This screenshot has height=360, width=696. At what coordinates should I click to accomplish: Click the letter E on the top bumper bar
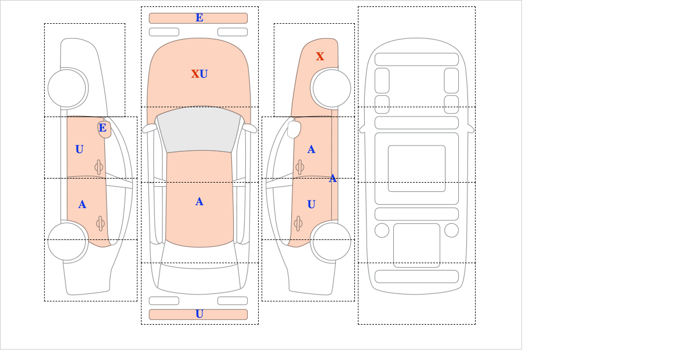click(x=200, y=18)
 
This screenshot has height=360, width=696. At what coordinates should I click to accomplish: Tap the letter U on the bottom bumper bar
click(x=200, y=314)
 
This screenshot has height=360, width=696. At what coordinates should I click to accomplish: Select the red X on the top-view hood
click(x=195, y=74)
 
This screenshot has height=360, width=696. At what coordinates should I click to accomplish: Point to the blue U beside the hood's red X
click(x=204, y=74)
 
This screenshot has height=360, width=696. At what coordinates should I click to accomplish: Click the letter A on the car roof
click(x=200, y=202)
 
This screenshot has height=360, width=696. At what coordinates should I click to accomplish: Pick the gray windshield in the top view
click(x=199, y=129)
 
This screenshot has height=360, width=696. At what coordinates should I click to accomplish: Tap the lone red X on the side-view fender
click(x=320, y=56)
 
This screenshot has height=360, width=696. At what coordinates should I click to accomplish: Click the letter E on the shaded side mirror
click(x=103, y=128)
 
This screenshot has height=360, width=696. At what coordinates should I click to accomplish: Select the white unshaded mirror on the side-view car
click(x=294, y=129)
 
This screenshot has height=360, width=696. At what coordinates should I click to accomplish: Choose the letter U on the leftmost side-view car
click(x=79, y=150)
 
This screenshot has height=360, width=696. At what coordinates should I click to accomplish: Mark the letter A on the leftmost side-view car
click(x=82, y=205)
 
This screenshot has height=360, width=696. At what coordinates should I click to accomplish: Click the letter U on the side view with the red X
click(x=311, y=205)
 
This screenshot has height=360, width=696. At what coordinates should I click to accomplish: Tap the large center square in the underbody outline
click(x=416, y=168)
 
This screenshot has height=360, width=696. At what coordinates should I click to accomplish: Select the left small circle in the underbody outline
click(x=382, y=230)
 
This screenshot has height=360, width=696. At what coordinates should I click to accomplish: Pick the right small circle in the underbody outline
click(x=451, y=230)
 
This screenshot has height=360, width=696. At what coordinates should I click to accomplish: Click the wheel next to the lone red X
click(x=332, y=88)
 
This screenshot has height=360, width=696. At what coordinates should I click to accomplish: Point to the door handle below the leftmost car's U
click(x=99, y=168)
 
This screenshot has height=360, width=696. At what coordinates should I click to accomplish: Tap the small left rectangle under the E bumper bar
click(x=164, y=32)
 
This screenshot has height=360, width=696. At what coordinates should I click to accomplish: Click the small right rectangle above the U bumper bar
click(x=233, y=301)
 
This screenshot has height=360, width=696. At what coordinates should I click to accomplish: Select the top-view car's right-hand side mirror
click(x=249, y=128)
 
